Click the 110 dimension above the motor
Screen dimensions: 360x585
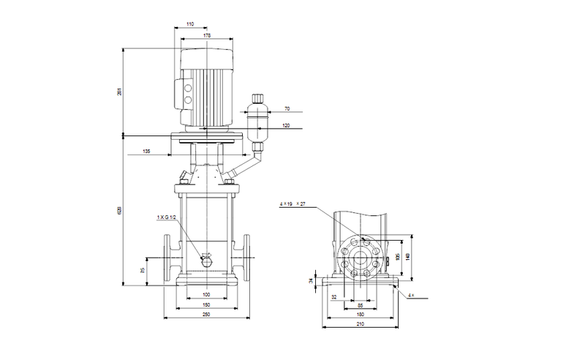(190, 25)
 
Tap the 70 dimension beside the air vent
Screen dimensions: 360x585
(287, 108)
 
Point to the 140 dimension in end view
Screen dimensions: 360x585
(409, 257)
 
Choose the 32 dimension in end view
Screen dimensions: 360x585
(334, 297)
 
